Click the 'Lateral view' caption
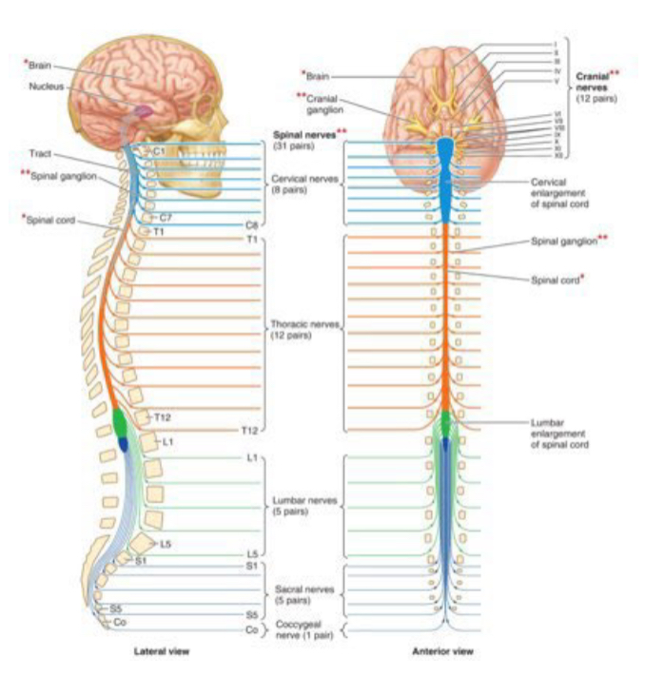162,652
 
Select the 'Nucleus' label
45,87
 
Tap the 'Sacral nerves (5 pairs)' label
303,594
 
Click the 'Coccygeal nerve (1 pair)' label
303,628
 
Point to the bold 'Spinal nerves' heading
303,136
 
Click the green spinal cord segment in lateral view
120,420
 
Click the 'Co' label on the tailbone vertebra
121,622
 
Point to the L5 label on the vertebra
165,544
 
